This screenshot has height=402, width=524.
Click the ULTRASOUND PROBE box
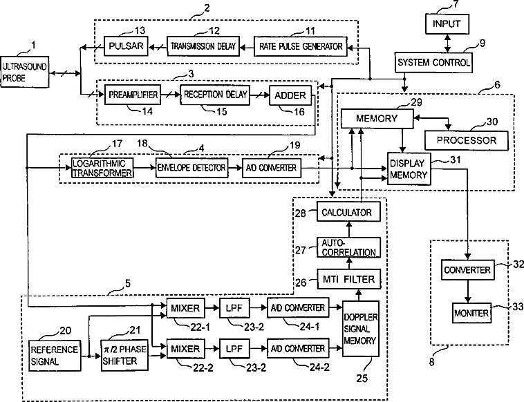(x=25, y=72)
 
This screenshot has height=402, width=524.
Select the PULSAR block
(x=126, y=46)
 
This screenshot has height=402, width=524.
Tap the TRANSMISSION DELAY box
(x=203, y=46)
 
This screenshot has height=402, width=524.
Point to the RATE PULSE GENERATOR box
(x=301, y=46)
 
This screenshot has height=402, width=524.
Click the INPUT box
(x=447, y=24)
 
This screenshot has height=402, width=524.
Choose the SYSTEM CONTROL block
(x=433, y=62)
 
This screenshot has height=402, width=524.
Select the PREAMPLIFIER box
(x=133, y=95)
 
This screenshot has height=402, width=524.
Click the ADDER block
(x=290, y=95)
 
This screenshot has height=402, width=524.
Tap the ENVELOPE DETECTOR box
(x=191, y=168)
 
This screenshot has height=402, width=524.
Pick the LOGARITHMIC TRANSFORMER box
(x=102, y=168)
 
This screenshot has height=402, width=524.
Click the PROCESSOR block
(x=466, y=141)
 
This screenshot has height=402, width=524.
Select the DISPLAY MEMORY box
(x=409, y=169)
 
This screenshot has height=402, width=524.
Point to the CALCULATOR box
(x=348, y=211)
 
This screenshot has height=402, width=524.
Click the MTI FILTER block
(x=348, y=279)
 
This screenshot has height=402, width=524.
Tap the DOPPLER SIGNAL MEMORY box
(x=361, y=329)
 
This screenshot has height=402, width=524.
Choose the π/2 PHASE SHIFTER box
(x=124, y=355)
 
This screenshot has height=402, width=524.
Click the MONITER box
(x=472, y=313)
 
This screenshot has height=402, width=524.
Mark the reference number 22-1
(x=200, y=327)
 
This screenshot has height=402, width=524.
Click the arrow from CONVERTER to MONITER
(x=468, y=291)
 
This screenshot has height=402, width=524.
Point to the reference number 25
(x=362, y=379)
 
